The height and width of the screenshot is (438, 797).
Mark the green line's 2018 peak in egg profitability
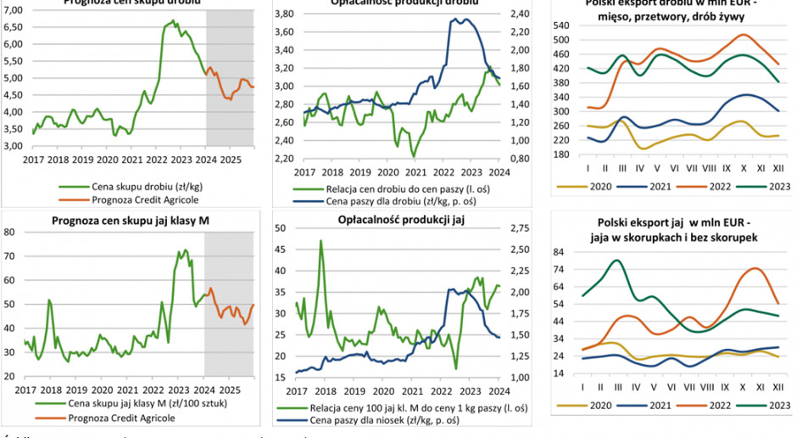point(320,240)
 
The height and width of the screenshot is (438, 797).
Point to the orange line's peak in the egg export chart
point(754,269)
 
